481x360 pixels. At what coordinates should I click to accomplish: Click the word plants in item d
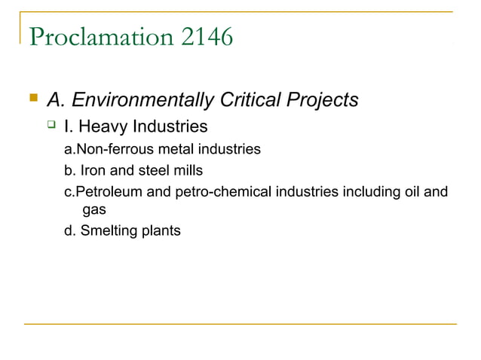[x=160, y=230]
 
